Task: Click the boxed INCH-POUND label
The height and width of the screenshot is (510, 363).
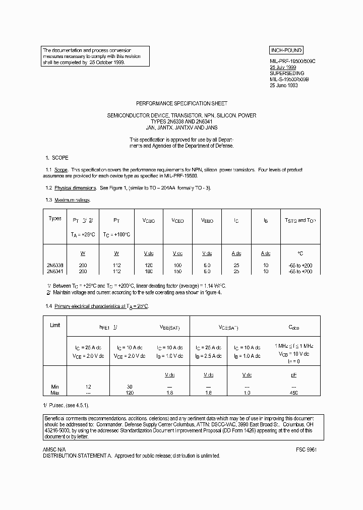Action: pos(286,50)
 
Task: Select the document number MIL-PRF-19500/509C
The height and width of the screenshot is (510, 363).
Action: pos(293,60)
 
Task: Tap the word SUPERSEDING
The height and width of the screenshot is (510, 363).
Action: pos(287,73)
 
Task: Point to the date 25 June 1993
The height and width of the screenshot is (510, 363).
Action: pos(284,86)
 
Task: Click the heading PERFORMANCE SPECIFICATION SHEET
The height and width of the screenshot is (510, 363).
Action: pos(181,103)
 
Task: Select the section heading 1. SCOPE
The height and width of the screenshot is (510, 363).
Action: pos(57,158)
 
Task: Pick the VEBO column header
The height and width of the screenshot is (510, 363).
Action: pos(207,221)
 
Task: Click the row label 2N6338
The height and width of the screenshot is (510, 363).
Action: pos(55,266)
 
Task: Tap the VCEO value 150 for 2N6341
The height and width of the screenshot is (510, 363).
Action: pos(177,272)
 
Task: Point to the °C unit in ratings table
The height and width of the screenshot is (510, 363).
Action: pos(300,253)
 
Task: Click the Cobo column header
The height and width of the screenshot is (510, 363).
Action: pos(294,328)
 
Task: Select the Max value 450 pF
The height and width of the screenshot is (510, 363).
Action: pos(294,393)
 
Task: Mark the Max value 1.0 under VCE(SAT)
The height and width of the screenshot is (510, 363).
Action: pos(247,393)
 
